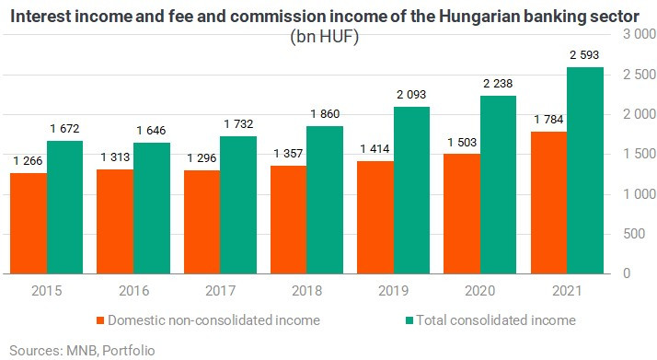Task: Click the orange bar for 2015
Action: tap(29, 224)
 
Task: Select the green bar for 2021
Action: tap(585, 170)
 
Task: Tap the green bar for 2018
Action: tap(325, 200)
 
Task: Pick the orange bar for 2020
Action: tap(462, 214)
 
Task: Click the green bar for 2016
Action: tap(152, 208)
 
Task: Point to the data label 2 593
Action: tap(584, 55)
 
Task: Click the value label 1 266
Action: tap(28, 160)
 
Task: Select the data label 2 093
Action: tap(411, 95)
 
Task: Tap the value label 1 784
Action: tap(548, 120)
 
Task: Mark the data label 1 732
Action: tap(238, 124)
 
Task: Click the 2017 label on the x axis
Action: tap(221, 291)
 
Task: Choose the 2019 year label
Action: tap(394, 291)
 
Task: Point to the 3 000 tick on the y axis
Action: tap(640, 34)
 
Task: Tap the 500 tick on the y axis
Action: tap(634, 234)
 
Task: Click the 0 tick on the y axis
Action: tap(627, 273)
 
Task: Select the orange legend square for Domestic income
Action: tap(100, 320)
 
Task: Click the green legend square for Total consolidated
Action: tap(409, 320)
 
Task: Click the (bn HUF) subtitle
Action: tap(325, 37)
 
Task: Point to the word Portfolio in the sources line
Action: tap(129, 351)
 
